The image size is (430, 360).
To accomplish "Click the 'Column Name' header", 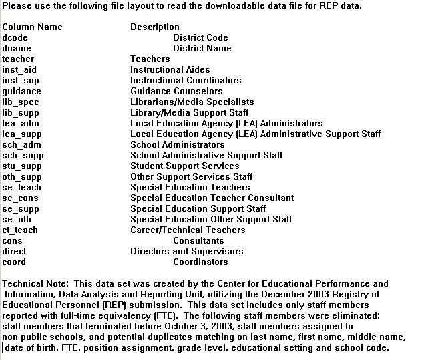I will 32,27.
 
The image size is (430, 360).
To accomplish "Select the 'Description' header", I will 155,27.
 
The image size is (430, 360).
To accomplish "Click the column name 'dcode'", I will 15,38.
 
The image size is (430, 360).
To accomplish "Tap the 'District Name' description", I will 202,49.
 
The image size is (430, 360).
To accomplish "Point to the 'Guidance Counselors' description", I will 176,92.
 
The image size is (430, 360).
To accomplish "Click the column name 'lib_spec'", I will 21,102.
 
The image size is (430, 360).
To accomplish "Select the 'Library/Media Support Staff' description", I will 189,113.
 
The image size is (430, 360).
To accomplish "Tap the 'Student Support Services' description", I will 184,166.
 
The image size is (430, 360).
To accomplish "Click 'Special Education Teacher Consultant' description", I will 212,198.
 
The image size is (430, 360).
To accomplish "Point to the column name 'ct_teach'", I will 20,230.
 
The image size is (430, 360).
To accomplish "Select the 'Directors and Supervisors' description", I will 186,252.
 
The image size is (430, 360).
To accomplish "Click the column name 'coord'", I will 14,262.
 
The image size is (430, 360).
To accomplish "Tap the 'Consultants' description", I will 198,241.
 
